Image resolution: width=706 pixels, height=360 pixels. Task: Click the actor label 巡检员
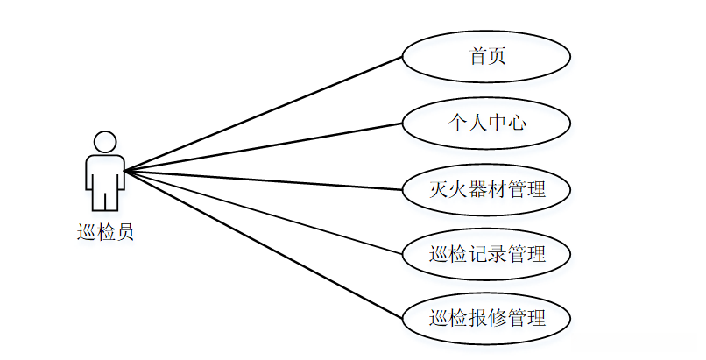[x=105, y=233]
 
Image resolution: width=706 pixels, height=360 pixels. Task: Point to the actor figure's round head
[x=105, y=142]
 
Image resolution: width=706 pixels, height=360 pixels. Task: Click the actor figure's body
[x=105, y=180]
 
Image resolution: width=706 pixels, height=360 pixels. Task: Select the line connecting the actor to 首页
[x=263, y=114]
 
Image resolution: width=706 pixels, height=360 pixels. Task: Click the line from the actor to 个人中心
[x=263, y=146]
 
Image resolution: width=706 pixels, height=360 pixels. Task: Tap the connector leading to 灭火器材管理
[x=263, y=180]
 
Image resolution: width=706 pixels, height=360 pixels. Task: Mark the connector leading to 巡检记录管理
[x=263, y=211]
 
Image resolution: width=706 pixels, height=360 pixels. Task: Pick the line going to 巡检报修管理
[x=263, y=243]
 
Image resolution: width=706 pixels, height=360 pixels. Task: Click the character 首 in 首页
[x=477, y=57]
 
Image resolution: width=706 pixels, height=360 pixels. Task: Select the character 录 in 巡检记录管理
[x=497, y=254]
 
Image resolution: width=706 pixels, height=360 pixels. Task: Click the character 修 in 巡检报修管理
[x=497, y=318]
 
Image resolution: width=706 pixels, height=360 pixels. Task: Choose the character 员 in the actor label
[x=124, y=233]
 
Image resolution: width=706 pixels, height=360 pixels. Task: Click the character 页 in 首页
[x=497, y=57]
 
